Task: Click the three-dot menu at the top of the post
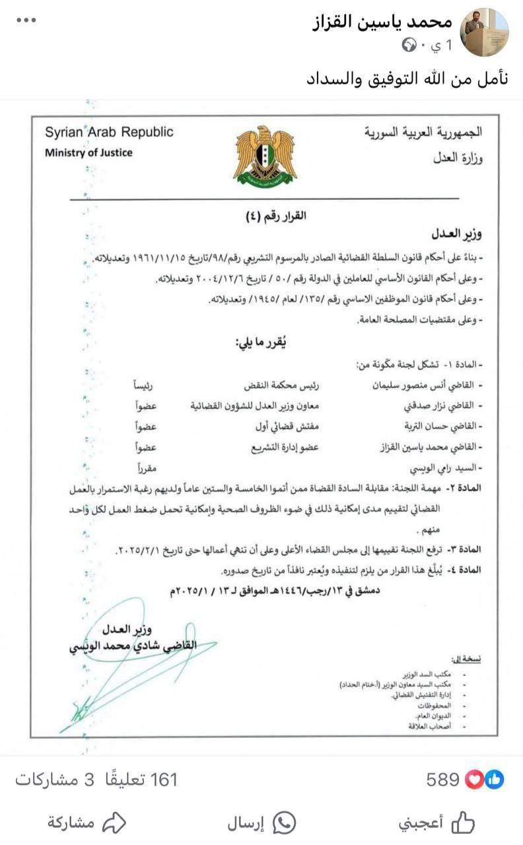pos(26,20)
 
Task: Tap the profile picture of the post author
pos(484,32)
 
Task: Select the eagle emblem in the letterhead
pos(265,155)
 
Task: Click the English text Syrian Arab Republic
pos(109,132)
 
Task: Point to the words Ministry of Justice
pos(88,152)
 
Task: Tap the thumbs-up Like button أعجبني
pos(436,823)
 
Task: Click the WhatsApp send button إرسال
pos(261,823)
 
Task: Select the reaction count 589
pos(442,780)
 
